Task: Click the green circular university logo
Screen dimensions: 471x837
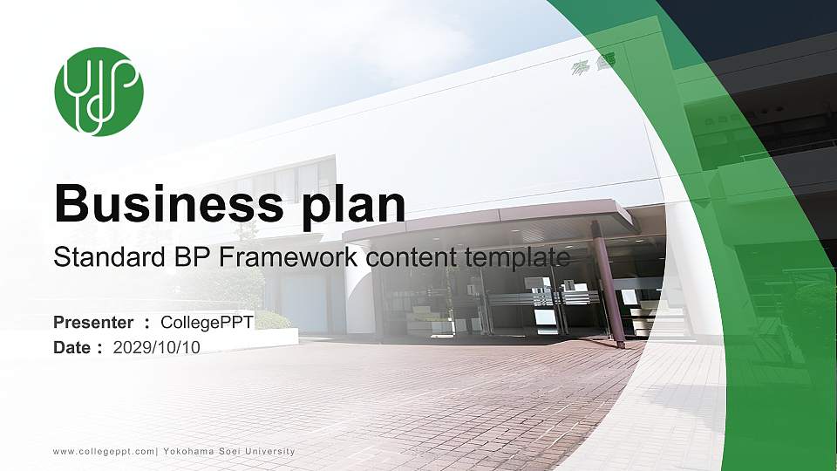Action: pyautogui.click(x=99, y=91)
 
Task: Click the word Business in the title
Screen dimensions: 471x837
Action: pyautogui.click(x=163, y=204)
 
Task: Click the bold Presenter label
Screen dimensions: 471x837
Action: pyautogui.click(x=93, y=323)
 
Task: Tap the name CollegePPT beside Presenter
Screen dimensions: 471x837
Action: pyautogui.click(x=208, y=323)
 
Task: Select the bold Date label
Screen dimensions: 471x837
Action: pyautogui.click(x=72, y=348)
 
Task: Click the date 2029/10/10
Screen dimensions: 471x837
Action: pyautogui.click(x=157, y=348)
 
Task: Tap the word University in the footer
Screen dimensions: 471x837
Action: pyautogui.click(x=269, y=452)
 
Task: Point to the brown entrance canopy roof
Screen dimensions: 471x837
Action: pyautogui.click(x=488, y=217)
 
